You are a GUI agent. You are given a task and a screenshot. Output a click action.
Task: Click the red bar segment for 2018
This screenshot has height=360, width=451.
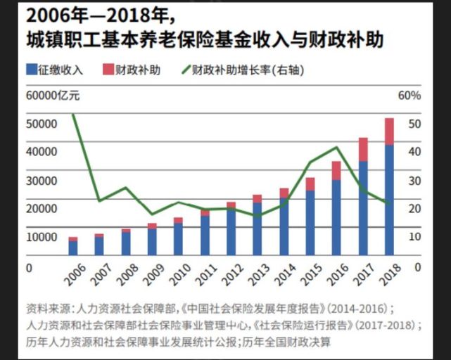388,131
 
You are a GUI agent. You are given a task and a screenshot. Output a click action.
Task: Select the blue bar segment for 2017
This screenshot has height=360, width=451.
363,208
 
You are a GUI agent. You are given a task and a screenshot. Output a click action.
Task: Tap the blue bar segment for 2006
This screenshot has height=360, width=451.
73,247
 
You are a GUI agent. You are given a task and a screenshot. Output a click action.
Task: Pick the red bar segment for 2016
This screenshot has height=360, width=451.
336,171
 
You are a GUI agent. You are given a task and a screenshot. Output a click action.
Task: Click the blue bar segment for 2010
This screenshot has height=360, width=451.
179,239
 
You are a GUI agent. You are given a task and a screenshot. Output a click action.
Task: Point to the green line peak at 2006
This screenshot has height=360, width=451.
73,115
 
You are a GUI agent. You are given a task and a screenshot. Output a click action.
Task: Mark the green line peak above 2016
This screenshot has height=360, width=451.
337,147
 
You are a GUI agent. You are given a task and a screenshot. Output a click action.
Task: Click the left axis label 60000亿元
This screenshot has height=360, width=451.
54,95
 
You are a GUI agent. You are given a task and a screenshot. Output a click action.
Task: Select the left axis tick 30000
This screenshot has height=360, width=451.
42,180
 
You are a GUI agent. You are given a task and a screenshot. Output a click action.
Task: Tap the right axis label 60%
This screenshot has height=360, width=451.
409,95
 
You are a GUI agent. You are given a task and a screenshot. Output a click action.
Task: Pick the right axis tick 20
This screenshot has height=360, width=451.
414,208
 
